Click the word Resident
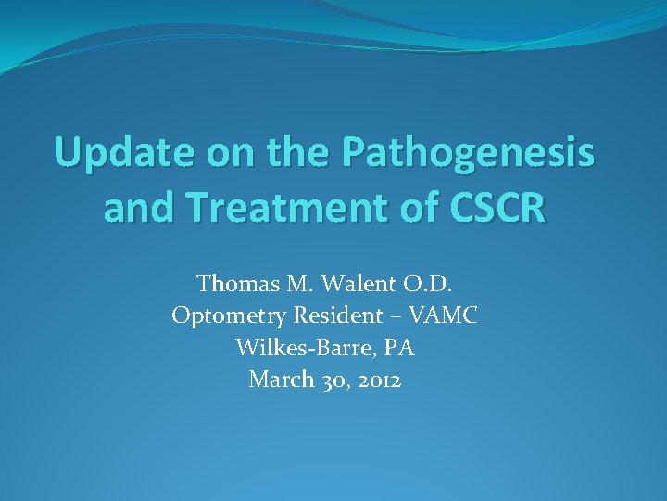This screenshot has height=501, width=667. pos(331,316)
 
